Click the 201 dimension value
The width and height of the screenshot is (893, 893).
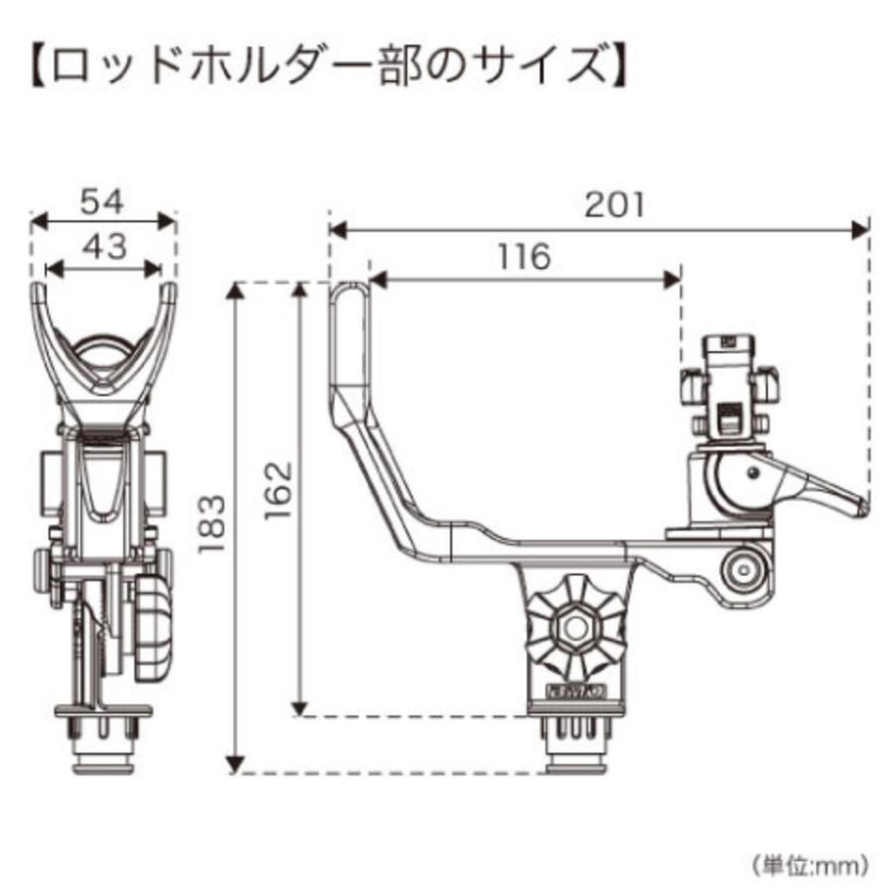(614, 205)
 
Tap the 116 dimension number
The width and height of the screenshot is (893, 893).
(524, 257)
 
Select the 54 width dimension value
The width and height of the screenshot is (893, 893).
(102, 202)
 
